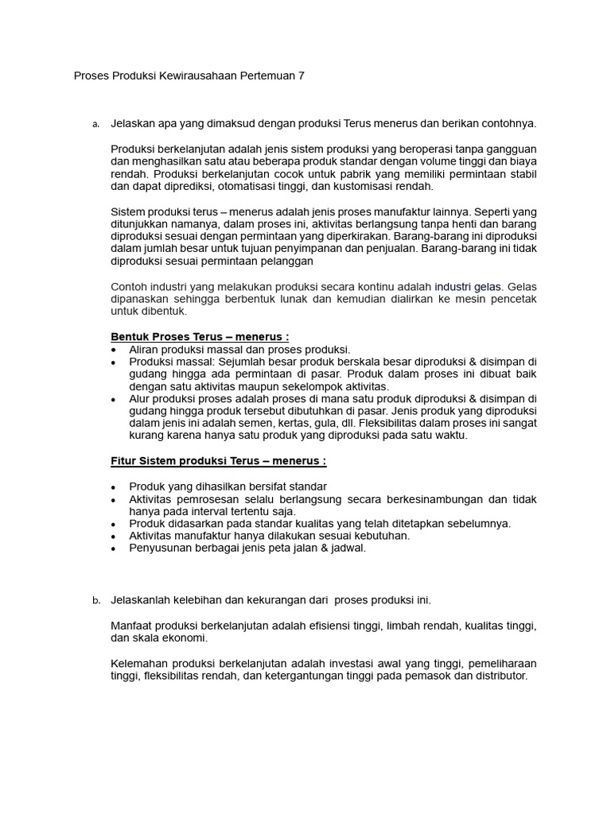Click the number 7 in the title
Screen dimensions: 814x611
click(301, 76)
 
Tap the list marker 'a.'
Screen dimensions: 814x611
click(95, 124)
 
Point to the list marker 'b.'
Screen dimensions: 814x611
click(95, 600)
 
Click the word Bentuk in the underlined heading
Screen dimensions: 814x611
click(128, 336)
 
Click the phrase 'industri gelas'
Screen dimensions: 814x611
click(469, 286)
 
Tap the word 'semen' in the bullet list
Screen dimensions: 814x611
click(254, 423)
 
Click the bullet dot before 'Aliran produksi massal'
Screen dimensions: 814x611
click(115, 350)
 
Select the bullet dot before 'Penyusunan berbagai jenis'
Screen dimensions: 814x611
click(115, 548)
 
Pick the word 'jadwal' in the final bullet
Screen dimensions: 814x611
click(347, 548)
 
